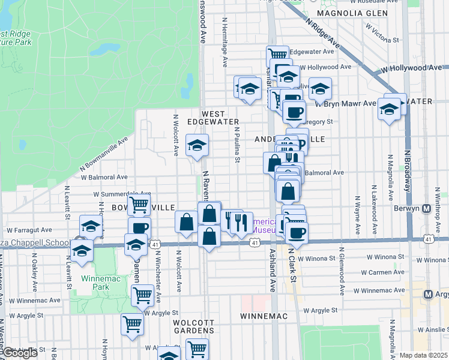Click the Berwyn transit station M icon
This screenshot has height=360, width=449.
click(x=427, y=209)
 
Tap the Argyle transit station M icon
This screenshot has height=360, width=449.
click(x=428, y=295)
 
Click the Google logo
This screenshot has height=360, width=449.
click(x=20, y=353)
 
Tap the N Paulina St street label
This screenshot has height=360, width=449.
click(x=238, y=145)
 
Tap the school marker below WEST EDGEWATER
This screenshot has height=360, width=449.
click(x=197, y=145)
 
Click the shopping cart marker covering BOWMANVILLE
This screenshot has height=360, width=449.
click(x=139, y=204)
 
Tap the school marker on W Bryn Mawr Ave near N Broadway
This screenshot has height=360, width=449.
click(x=390, y=109)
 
